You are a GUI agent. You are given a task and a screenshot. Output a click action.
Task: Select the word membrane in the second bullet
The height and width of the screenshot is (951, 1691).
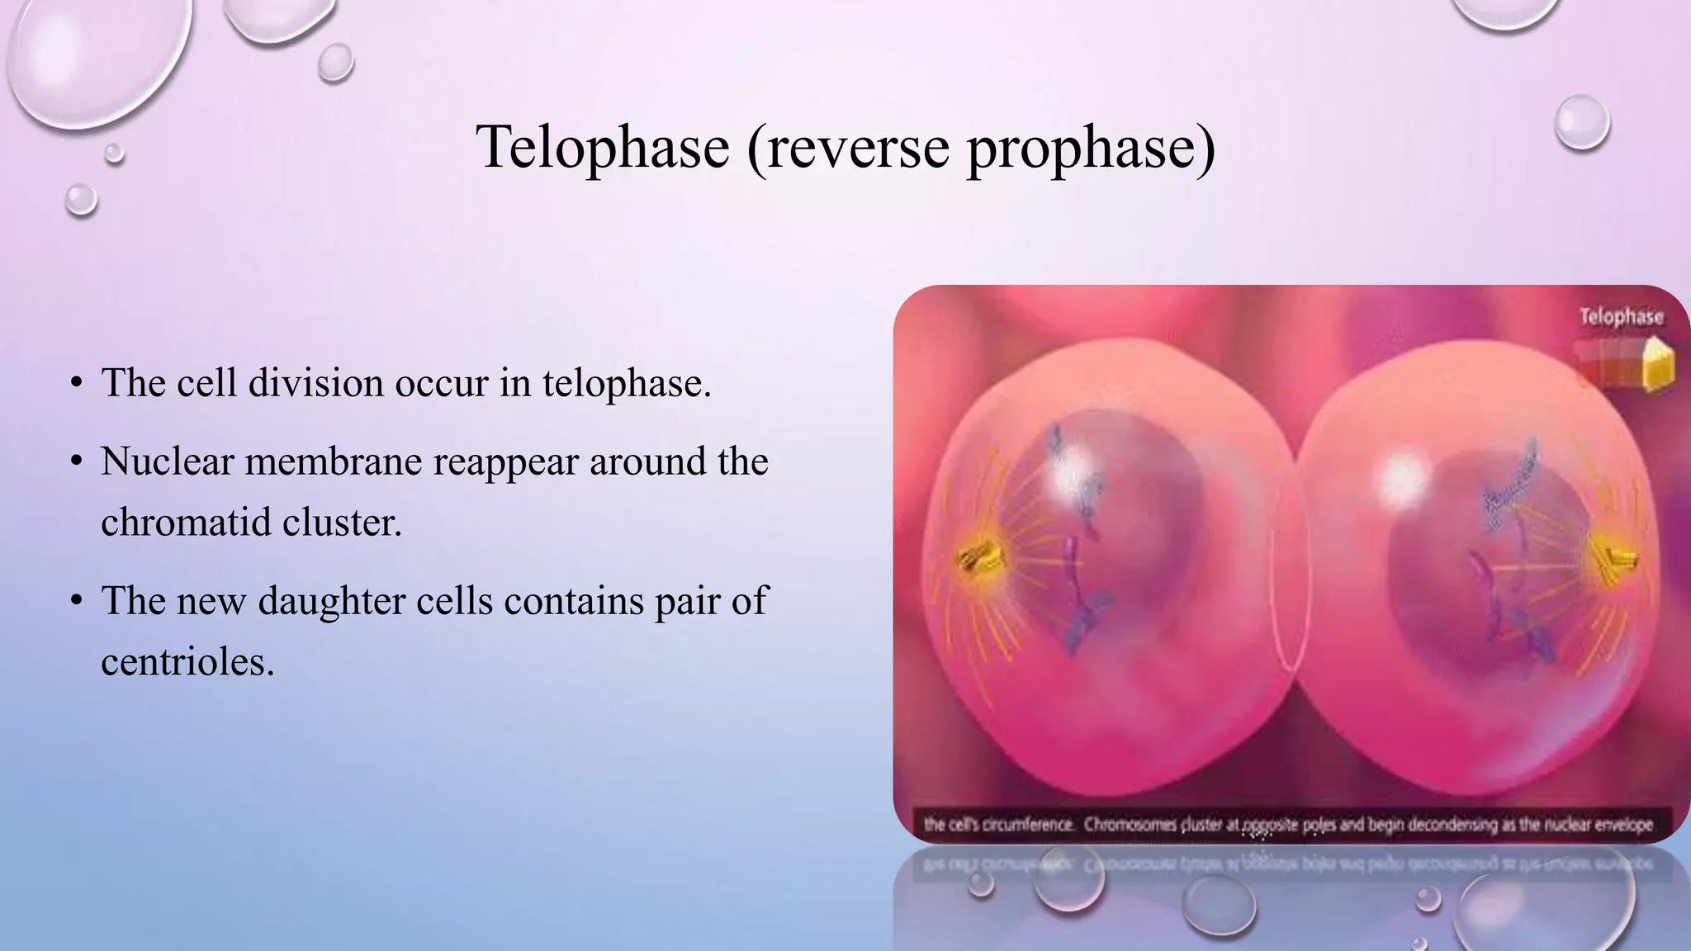click(334, 461)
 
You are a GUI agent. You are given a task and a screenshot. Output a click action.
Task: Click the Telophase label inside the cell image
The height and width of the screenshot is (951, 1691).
click(1621, 316)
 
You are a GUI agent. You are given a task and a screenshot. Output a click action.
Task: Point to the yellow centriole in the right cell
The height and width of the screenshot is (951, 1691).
click(1613, 561)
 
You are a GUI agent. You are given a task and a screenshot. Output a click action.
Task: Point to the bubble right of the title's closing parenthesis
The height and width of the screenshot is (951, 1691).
click(1581, 123)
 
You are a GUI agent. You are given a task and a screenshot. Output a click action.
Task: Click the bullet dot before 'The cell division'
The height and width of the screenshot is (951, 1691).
click(76, 384)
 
